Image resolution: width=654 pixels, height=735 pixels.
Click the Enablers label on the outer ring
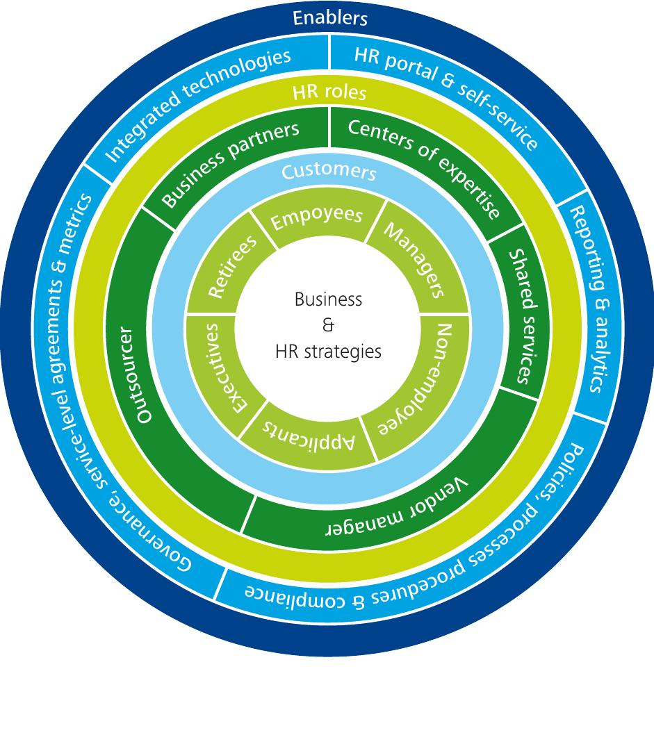tap(329, 18)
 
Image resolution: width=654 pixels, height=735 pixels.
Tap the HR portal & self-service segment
tap(445, 97)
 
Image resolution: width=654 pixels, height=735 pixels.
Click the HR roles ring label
tap(329, 93)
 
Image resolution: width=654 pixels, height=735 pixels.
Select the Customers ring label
tap(329, 172)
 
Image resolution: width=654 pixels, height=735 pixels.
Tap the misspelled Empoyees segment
tap(316, 217)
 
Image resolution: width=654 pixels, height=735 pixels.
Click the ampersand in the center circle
tap(329, 325)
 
